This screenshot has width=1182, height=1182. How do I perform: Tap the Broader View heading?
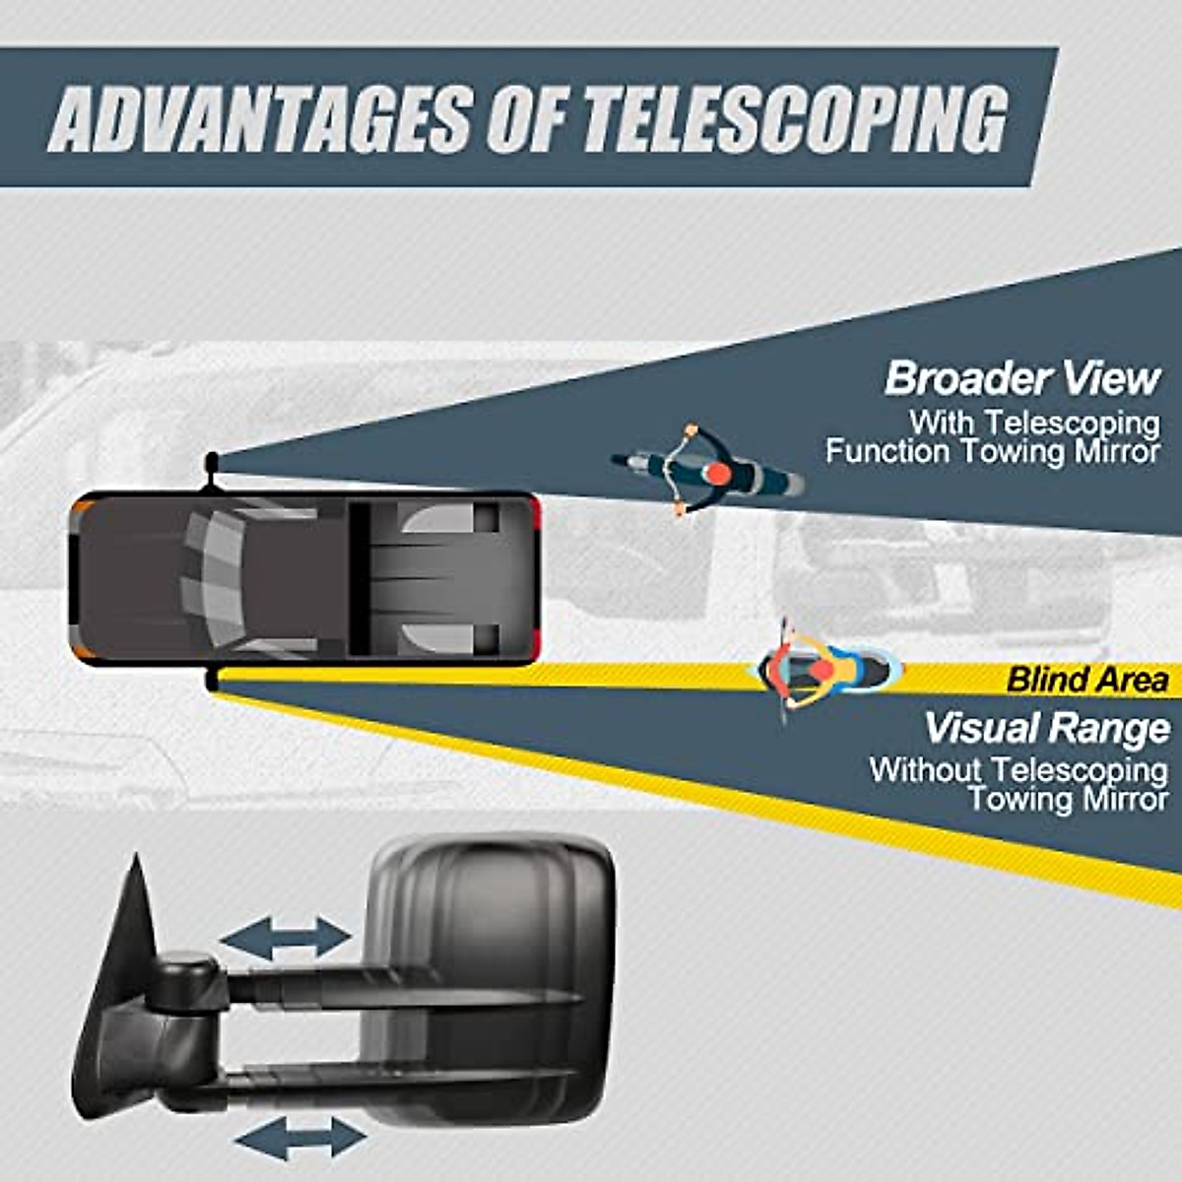tap(1022, 378)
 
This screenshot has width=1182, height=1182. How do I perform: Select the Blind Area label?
tap(1087, 679)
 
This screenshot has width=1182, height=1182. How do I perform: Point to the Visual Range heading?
tap(1047, 728)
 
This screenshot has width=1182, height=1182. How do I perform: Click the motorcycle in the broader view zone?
tap(707, 471)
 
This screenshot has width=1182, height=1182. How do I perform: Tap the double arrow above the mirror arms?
tap(285, 938)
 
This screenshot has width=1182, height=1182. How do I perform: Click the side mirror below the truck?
tap(211, 680)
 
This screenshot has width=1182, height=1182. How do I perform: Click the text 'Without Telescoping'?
tap(1018, 769)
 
